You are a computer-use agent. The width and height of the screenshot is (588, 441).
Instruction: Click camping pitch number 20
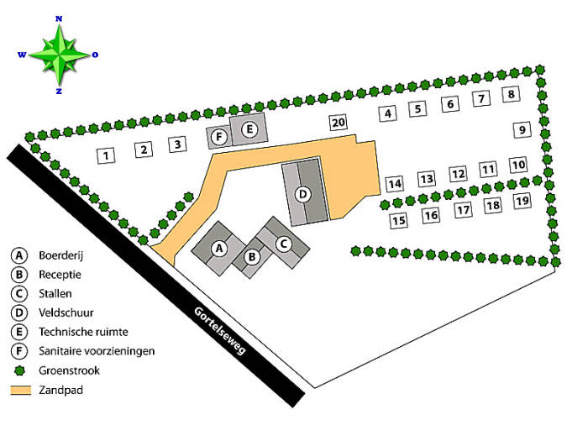[x=338, y=123]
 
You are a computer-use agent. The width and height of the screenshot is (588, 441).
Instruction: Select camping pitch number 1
[x=106, y=155]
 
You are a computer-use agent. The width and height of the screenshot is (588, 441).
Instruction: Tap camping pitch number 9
[x=522, y=130]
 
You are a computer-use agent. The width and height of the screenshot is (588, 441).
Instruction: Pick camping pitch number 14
[x=395, y=183]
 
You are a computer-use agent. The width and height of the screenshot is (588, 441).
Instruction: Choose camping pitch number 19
[x=522, y=201]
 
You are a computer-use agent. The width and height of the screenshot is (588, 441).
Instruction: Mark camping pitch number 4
[x=387, y=113]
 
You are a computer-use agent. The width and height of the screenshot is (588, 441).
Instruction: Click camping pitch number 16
[x=431, y=216]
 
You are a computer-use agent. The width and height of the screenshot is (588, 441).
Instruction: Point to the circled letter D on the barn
[x=304, y=194]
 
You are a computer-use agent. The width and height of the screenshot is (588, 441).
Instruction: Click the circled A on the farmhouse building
[x=219, y=248]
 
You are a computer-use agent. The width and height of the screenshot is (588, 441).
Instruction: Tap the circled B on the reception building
[x=251, y=257]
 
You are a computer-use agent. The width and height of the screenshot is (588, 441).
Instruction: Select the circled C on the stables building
[x=283, y=244]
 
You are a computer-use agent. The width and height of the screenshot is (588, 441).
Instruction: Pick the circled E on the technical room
[x=249, y=129]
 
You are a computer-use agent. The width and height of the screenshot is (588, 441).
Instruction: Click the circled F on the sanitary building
[x=220, y=137]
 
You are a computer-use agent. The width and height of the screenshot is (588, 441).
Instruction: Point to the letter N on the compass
[x=59, y=18]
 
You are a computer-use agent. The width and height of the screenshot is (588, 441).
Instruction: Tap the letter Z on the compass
[x=59, y=91]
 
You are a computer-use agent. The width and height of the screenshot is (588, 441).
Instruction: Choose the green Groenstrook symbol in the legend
[x=18, y=370]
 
